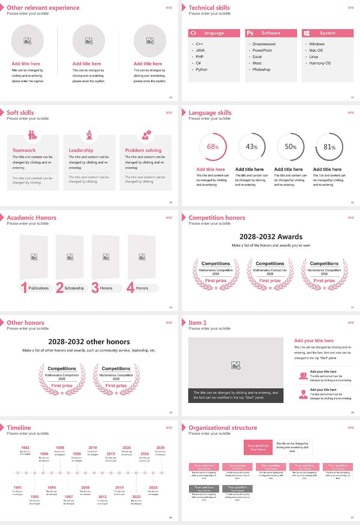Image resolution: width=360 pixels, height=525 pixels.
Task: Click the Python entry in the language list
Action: (x=201, y=70)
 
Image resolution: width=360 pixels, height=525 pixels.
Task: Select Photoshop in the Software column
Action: (x=261, y=70)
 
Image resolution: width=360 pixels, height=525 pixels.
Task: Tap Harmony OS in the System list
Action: (x=320, y=63)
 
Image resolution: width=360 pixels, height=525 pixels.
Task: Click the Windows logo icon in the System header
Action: (x=306, y=33)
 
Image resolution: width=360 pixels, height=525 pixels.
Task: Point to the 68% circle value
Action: (x=213, y=147)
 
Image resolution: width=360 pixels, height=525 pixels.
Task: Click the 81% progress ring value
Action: (x=329, y=147)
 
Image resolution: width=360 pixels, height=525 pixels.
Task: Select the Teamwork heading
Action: (x=24, y=150)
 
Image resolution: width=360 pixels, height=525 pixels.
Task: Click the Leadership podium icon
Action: (x=89, y=135)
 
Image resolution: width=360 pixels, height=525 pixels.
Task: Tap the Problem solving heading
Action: (x=143, y=150)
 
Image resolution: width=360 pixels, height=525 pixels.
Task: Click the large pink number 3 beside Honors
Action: (x=95, y=288)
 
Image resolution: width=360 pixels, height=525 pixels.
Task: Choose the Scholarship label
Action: (x=74, y=288)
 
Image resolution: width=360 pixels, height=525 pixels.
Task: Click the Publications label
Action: (x=39, y=288)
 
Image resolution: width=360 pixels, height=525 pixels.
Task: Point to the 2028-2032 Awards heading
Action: (x=271, y=237)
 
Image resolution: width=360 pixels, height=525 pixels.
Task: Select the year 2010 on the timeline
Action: (x=93, y=448)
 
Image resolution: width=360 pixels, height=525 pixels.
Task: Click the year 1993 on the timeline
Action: (x=34, y=496)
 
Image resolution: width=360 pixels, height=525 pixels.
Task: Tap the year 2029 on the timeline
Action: (x=160, y=448)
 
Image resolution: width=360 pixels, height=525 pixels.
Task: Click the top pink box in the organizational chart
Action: (x=258, y=447)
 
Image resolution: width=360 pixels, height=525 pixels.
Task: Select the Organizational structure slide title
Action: (x=223, y=428)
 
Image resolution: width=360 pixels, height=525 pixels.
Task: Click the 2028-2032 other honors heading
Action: (x=89, y=342)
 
